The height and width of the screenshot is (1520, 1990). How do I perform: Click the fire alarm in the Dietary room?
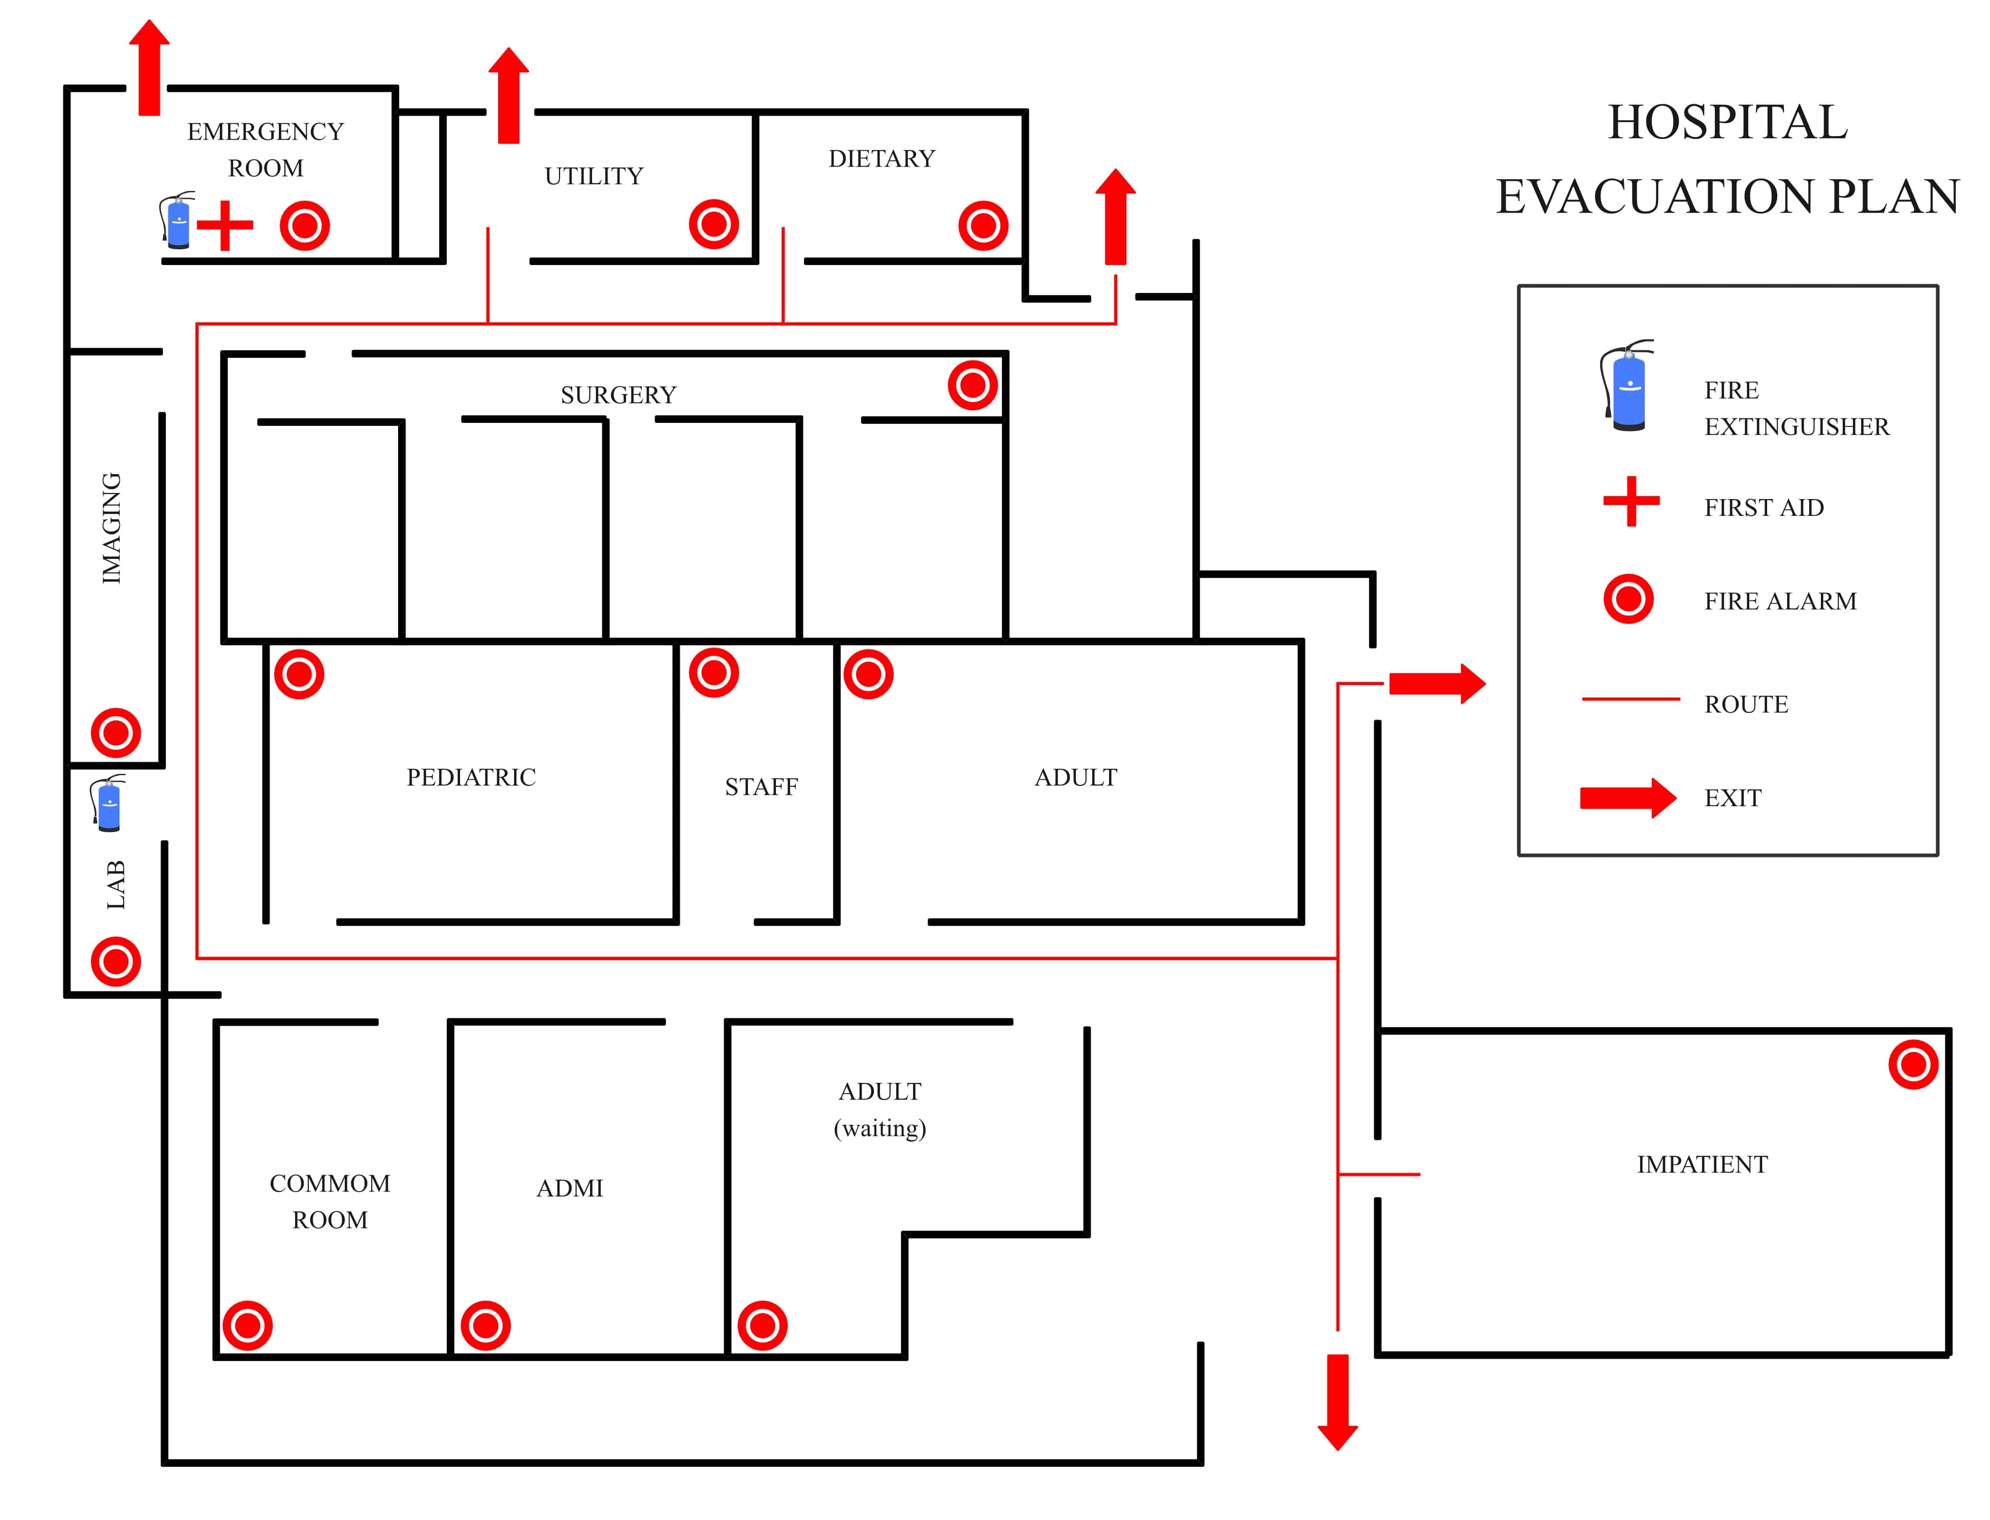click(x=983, y=225)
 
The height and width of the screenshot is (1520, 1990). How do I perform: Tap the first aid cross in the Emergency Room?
click(x=224, y=225)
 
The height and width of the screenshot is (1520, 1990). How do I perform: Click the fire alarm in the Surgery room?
click(x=972, y=385)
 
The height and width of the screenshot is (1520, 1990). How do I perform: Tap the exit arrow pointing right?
click(x=1436, y=683)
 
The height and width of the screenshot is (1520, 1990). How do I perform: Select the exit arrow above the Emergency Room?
click(x=149, y=68)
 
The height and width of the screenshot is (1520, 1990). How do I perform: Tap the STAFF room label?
click(x=761, y=787)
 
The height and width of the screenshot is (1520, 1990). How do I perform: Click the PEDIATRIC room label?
click(x=471, y=777)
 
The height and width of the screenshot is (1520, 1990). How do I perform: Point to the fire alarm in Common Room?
click(x=247, y=1326)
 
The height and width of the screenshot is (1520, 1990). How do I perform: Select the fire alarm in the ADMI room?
click(x=485, y=1326)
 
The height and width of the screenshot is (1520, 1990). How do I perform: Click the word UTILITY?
click(x=594, y=176)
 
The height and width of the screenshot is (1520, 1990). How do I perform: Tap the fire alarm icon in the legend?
click(x=1628, y=599)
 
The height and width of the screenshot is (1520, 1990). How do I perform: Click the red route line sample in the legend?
click(x=1630, y=699)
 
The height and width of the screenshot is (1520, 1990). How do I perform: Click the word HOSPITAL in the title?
click(x=1726, y=122)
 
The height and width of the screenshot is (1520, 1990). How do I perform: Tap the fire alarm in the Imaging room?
click(x=116, y=732)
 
